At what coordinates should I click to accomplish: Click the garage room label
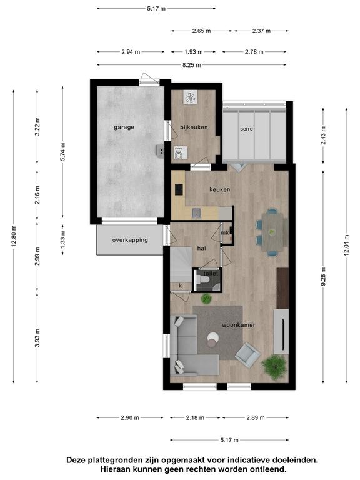124,127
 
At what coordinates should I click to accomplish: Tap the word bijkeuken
194,127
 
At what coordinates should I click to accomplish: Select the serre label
246,129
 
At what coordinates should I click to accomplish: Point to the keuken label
220,189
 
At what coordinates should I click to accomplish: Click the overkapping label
130,240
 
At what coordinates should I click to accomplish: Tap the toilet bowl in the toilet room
204,279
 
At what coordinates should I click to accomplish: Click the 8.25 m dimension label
192,65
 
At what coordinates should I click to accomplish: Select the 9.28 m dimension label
324,276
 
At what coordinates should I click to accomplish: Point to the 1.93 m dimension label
194,52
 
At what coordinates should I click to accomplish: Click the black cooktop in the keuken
179,189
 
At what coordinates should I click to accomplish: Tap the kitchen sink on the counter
196,213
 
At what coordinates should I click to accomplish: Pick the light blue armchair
248,354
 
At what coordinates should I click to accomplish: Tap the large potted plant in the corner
274,367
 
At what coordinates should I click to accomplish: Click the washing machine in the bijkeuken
181,152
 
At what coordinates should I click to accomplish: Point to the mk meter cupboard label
225,233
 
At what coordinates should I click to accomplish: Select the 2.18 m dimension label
195,417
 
